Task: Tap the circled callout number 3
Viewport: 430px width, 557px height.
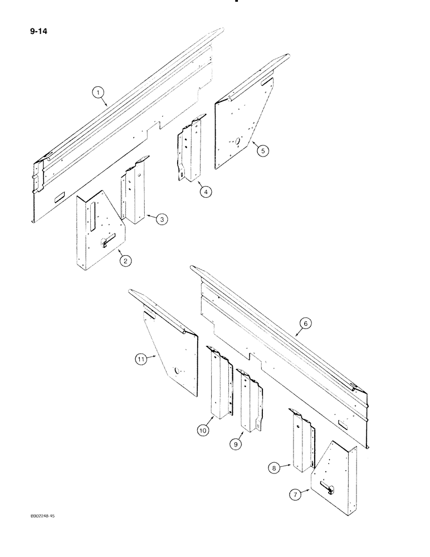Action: coord(160,220)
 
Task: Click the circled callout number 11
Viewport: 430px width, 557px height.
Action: coord(140,360)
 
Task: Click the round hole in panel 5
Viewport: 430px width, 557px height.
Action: coord(237,141)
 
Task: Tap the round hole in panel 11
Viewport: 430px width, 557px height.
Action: coord(178,370)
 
